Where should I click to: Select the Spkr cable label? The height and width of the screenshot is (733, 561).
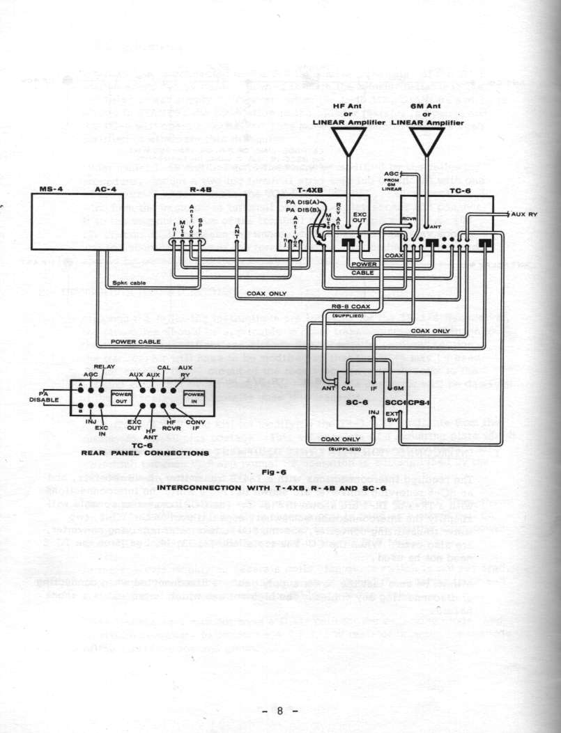point(129,283)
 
